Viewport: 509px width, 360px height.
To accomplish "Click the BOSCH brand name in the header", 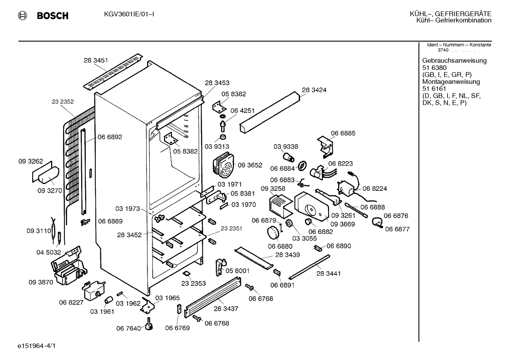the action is (x=53, y=16).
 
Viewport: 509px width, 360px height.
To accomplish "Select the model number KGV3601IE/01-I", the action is (x=129, y=14).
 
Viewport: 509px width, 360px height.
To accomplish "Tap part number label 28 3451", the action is (x=96, y=60).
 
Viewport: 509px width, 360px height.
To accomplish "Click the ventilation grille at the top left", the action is (x=113, y=71).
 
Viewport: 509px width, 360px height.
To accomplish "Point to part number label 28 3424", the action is (x=314, y=90).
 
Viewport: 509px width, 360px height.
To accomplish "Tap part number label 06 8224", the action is (x=375, y=188).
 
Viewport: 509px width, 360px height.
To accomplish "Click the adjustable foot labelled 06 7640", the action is (x=149, y=324).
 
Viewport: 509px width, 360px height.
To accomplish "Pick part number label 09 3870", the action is (x=41, y=282).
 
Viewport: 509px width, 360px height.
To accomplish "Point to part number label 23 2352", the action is (x=63, y=102).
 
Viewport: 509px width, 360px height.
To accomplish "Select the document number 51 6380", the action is (x=434, y=67).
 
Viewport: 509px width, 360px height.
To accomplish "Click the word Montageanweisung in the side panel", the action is (x=451, y=82).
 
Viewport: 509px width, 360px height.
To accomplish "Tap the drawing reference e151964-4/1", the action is (x=37, y=346).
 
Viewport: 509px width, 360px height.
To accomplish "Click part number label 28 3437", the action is (x=226, y=309).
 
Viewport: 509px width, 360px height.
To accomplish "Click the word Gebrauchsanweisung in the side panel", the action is (x=455, y=60).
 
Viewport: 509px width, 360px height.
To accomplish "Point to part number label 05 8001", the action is (x=238, y=271).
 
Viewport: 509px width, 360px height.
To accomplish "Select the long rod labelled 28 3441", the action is (x=309, y=267).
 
